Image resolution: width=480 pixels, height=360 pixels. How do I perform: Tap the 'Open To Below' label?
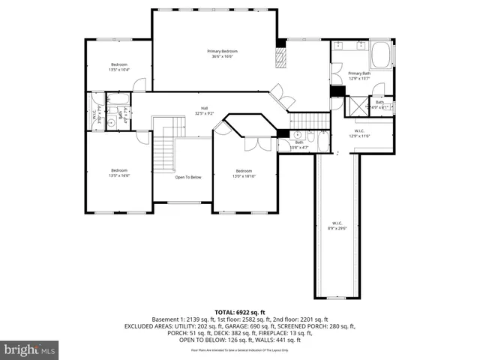pyautogui.click(x=188, y=177)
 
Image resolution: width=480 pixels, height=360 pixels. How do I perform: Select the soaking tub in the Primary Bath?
pyautogui.click(x=382, y=56)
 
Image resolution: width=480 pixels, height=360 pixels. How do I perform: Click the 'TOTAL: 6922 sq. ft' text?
pyautogui.click(x=239, y=311)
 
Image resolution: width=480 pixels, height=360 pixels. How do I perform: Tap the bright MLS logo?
pyautogui.click(x=29, y=349)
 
